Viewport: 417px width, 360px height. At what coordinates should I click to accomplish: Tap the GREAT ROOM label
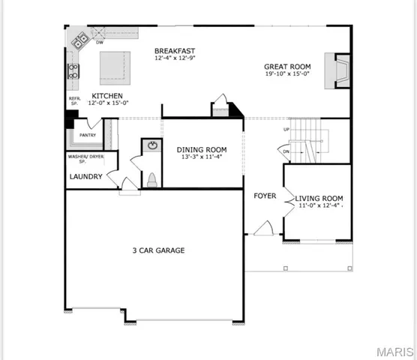(x=287, y=66)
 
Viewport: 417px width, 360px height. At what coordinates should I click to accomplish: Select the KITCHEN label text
(x=107, y=96)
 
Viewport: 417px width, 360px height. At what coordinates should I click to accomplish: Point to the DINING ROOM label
(x=202, y=149)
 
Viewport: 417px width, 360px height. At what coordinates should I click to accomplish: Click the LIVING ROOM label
(x=319, y=196)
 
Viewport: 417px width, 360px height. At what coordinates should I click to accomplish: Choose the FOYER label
(x=265, y=196)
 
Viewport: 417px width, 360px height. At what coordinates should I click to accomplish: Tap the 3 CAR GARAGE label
(x=158, y=250)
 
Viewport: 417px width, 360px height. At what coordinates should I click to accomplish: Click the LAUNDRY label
(x=85, y=177)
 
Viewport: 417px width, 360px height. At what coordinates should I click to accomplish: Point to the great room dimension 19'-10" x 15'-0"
(x=287, y=74)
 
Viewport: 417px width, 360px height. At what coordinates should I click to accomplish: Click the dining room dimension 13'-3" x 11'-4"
(x=202, y=157)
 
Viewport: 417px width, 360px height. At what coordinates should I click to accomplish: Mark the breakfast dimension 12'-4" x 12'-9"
(x=174, y=58)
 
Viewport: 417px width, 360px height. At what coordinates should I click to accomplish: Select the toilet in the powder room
(x=151, y=179)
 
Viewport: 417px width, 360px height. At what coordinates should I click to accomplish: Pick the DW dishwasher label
(x=99, y=43)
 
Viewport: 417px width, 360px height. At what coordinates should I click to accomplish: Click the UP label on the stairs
(x=286, y=129)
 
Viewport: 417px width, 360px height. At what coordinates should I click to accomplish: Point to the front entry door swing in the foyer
(x=264, y=229)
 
